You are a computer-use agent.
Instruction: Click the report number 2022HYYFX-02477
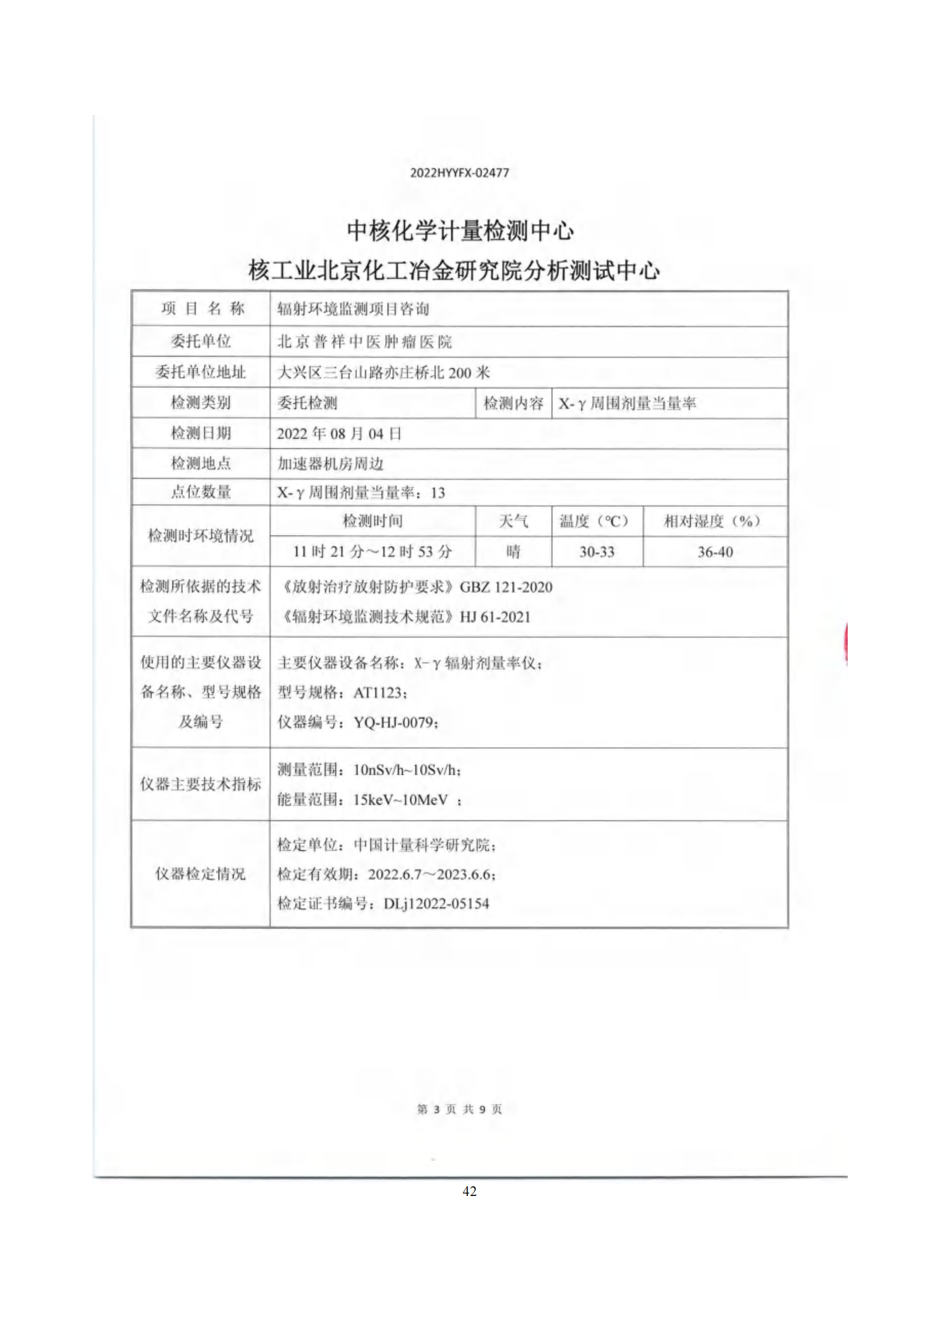459,173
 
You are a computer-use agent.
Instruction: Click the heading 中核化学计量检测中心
460,231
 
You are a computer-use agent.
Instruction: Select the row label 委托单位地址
200,372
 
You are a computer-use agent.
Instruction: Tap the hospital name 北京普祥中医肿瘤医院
365,342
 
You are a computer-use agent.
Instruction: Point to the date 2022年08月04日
339,434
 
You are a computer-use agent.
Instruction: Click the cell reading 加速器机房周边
330,463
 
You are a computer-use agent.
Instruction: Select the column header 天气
513,521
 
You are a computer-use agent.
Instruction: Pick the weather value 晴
513,552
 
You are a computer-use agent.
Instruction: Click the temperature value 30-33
596,552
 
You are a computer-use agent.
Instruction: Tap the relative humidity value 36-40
715,552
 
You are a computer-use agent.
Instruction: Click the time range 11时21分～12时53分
372,552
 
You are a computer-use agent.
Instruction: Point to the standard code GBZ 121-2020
505,587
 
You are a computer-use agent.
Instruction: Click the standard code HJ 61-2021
495,617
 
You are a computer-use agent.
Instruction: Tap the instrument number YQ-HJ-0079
395,722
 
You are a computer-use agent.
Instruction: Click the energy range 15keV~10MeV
400,800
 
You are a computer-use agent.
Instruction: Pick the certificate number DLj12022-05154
436,904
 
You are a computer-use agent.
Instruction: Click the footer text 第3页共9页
459,1109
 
